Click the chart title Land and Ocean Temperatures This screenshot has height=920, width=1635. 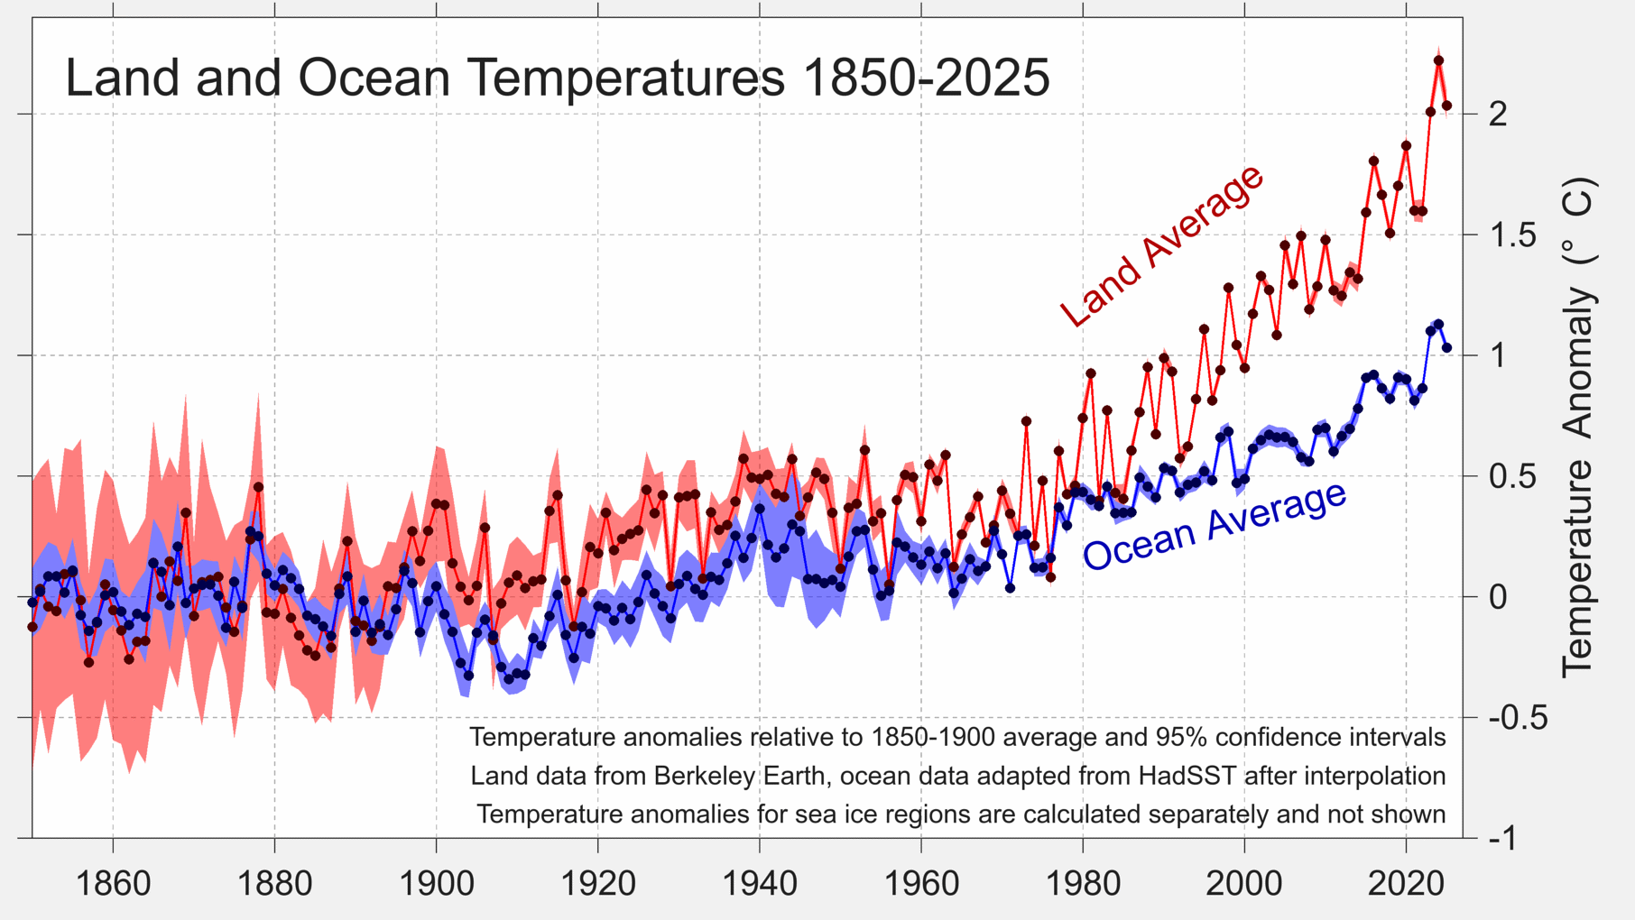[x=557, y=77]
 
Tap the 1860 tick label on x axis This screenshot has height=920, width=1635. [x=113, y=883]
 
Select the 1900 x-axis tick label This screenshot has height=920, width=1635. [x=437, y=883]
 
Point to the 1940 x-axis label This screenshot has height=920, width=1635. [x=760, y=883]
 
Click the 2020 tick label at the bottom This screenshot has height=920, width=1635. [x=1406, y=883]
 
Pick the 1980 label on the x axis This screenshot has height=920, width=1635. [x=1083, y=883]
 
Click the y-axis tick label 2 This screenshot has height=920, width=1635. [x=1498, y=115]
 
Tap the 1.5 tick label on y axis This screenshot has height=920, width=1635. [x=1510, y=235]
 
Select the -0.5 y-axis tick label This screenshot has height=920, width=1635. [x=1518, y=718]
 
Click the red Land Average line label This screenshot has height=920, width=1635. [x=1162, y=245]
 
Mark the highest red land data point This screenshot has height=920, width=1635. [x=1438, y=60]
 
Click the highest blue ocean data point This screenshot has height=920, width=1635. [x=1438, y=324]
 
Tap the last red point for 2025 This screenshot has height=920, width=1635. [x=1446, y=106]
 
